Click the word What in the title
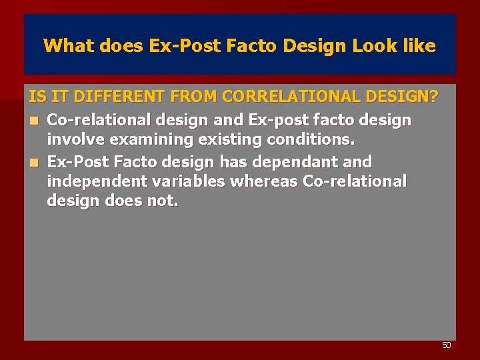tap(65, 46)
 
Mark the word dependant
tap(297, 162)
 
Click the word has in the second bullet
tap(221, 162)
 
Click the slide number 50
tap(447, 345)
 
